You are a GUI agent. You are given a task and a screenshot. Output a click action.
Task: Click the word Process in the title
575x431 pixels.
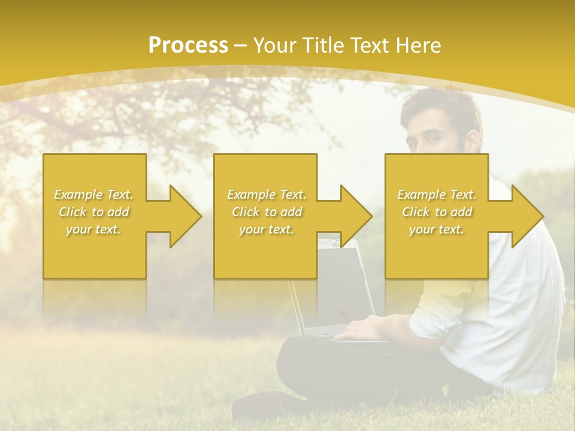point(188,45)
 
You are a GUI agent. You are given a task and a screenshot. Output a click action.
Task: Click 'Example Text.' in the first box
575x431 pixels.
point(94,195)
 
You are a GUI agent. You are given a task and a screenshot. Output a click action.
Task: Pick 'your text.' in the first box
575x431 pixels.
point(94,229)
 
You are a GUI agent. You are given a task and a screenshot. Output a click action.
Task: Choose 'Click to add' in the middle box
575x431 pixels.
point(267,212)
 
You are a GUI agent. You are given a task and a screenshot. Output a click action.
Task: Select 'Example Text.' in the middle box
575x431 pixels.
point(267,195)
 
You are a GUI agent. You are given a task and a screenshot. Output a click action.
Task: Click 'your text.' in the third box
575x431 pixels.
point(437,229)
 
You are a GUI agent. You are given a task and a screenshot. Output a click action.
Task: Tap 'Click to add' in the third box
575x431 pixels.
point(437,212)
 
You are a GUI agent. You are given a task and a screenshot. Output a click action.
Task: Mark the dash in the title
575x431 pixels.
point(241,45)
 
